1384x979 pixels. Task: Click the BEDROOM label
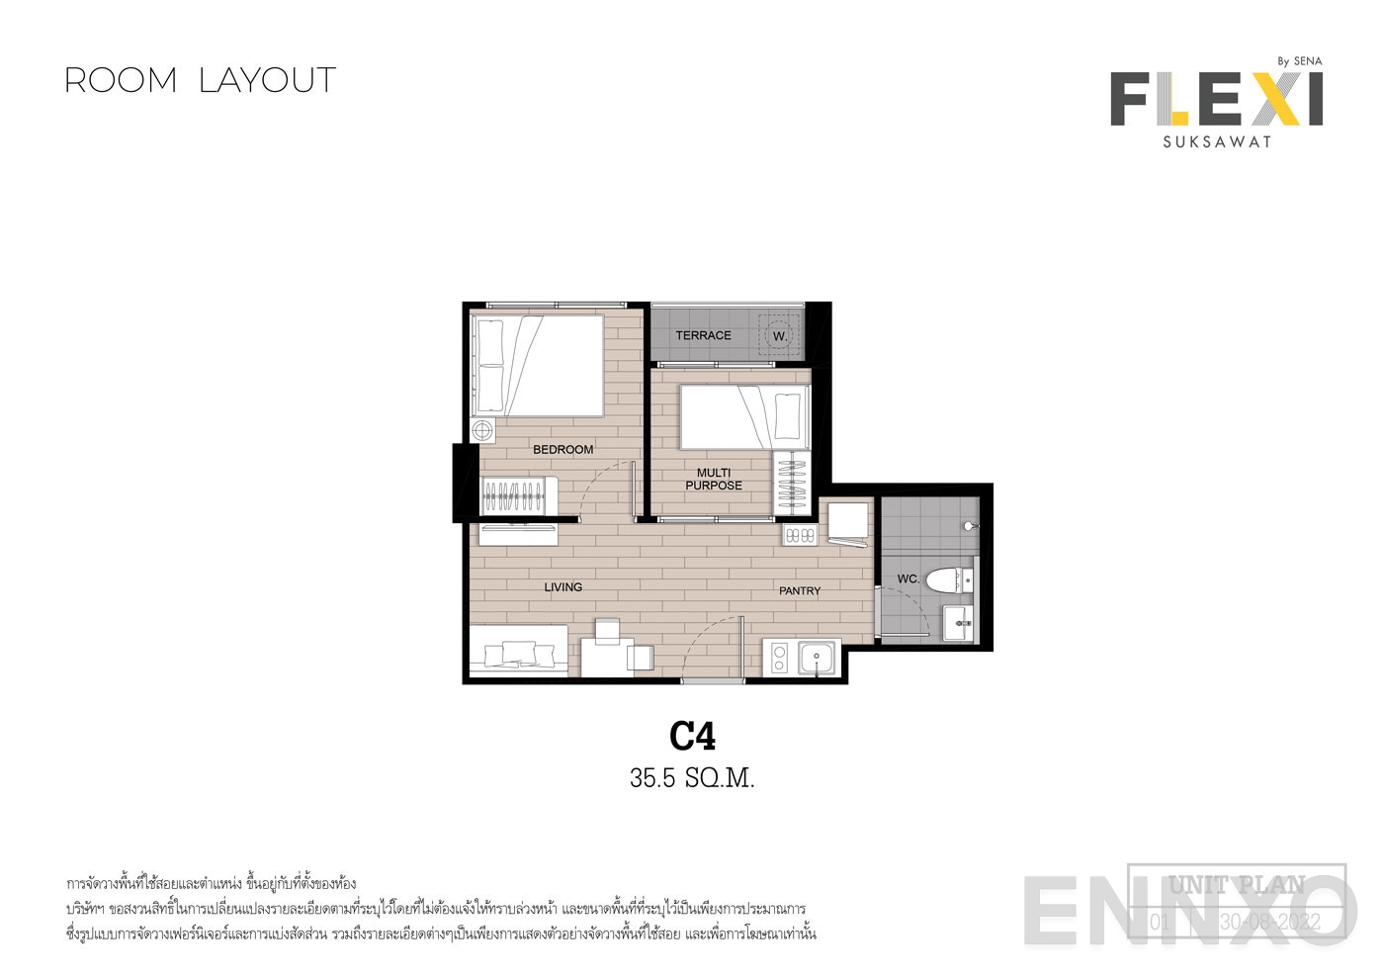[x=562, y=450]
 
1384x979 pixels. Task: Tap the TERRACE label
[x=703, y=336]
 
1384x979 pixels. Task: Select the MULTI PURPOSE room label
[x=714, y=480]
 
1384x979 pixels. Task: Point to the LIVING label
[x=562, y=587]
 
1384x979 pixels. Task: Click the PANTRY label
[x=800, y=591]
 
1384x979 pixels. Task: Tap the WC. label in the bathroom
[x=908, y=578]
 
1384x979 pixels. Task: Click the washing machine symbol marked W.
[x=780, y=336]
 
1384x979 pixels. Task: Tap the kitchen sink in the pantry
[x=818, y=657]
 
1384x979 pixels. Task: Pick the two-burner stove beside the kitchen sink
[x=778, y=658]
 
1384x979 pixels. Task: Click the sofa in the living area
[x=517, y=653]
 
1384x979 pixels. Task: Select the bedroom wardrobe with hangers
[x=518, y=493]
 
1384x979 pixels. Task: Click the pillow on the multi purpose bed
[x=788, y=416]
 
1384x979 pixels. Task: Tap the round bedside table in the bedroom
[x=482, y=431]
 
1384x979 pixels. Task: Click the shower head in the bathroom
[x=971, y=526]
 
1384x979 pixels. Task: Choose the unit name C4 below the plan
[x=692, y=736]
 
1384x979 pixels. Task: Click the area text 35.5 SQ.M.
[x=692, y=779]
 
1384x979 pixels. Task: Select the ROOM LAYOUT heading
[x=201, y=80]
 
